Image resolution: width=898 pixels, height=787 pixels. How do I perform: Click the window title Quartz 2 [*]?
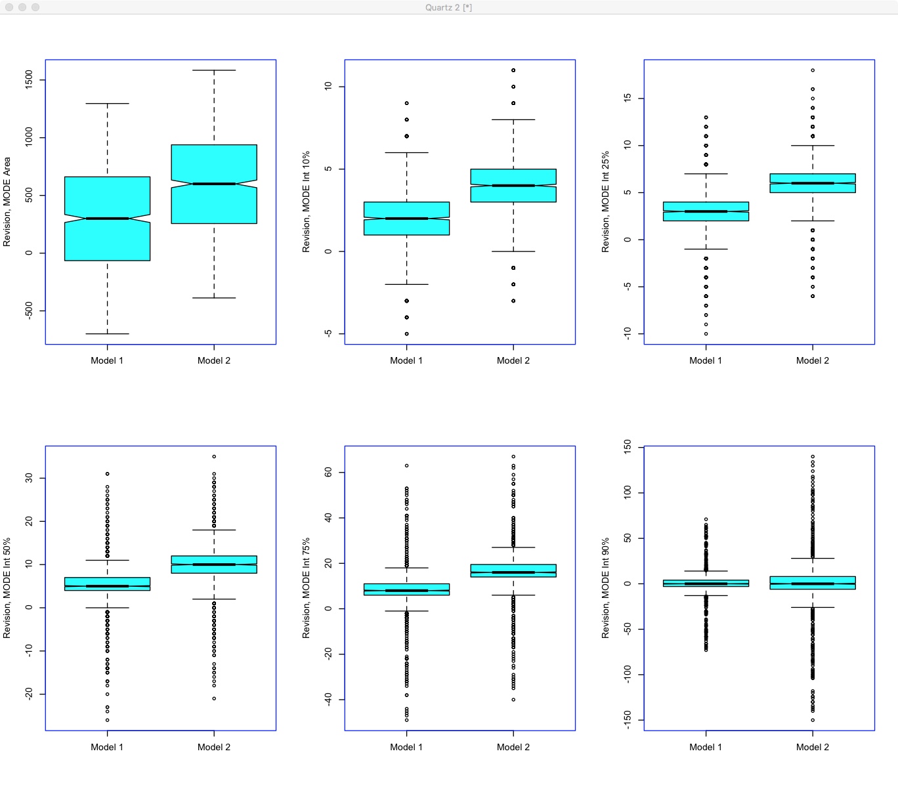[x=448, y=7]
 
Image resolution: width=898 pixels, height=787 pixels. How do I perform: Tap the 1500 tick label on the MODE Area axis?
[x=28, y=80]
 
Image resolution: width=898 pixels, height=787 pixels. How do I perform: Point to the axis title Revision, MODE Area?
[x=7, y=202]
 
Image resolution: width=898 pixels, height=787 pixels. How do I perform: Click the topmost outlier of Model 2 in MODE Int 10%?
[x=513, y=70]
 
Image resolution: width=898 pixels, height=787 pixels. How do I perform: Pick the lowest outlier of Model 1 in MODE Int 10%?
[x=406, y=333]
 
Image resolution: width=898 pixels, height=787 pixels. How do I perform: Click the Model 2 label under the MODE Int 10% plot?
[x=513, y=360]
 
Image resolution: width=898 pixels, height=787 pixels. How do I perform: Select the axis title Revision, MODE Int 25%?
[x=605, y=202]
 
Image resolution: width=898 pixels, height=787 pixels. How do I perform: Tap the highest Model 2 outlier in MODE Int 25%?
[x=813, y=70]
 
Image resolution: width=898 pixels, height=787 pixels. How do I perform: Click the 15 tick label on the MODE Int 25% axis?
[x=627, y=98]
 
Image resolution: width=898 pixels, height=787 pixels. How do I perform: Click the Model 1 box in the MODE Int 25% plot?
[x=706, y=211]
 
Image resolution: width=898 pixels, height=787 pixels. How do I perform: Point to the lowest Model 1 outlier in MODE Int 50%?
[x=107, y=720]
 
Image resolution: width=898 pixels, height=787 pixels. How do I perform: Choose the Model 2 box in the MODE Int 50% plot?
[x=214, y=564]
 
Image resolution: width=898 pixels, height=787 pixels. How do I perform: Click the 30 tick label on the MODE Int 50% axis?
[x=28, y=478]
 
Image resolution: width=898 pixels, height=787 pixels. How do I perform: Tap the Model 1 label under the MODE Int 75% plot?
[x=406, y=747]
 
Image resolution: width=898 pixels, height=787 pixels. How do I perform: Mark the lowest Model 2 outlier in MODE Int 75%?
[x=513, y=700]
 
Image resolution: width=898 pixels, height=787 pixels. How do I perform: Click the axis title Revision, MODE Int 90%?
[x=605, y=588]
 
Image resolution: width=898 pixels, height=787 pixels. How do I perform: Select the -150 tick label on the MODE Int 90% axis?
[x=627, y=719]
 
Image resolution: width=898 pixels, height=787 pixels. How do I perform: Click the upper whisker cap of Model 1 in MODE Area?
[x=107, y=104]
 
